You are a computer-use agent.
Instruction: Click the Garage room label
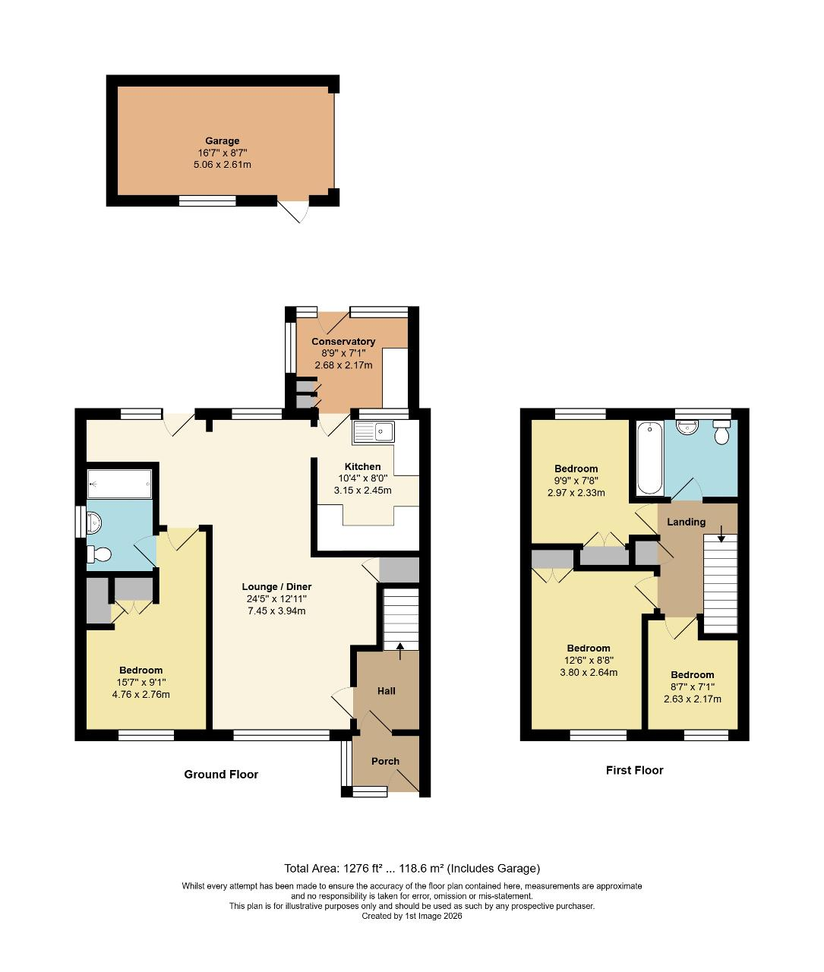pyautogui.click(x=222, y=140)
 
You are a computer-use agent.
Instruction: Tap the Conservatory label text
pyautogui.click(x=343, y=342)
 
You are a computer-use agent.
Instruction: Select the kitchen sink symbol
pyautogui.click(x=372, y=432)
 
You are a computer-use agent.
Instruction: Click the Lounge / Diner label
pyautogui.click(x=276, y=587)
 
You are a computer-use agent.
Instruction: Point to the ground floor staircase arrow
pyautogui.click(x=400, y=645)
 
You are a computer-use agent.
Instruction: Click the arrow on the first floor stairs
pyautogui.click(x=721, y=538)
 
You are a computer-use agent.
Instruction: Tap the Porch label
pyautogui.click(x=385, y=761)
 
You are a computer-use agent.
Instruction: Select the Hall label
pyautogui.click(x=387, y=691)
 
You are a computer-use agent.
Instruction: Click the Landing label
pyautogui.click(x=686, y=522)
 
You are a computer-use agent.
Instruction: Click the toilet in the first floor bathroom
pyautogui.click(x=721, y=433)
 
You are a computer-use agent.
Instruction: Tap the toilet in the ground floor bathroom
pyautogui.click(x=99, y=554)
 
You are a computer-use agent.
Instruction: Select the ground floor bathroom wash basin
pyautogui.click(x=95, y=522)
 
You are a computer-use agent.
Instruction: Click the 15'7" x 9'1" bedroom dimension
pyautogui.click(x=140, y=682)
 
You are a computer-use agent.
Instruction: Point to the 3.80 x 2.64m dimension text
pyautogui.click(x=589, y=672)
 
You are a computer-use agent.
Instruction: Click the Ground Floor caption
pyautogui.click(x=221, y=775)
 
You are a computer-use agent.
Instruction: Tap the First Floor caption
pyautogui.click(x=634, y=770)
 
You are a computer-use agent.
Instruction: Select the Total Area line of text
pyautogui.click(x=412, y=869)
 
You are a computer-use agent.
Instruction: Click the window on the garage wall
pyautogui.click(x=207, y=201)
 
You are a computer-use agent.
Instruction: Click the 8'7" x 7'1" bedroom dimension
pyautogui.click(x=692, y=687)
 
